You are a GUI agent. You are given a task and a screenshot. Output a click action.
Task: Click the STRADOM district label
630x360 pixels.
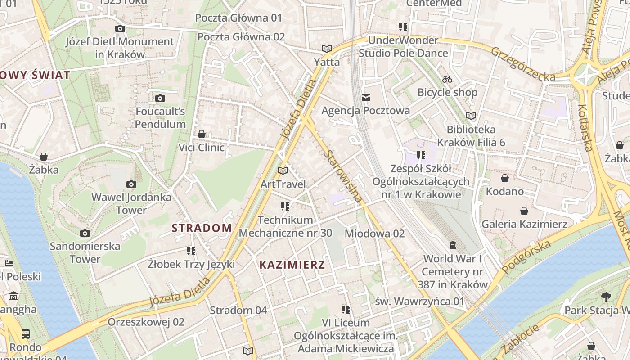(202, 228)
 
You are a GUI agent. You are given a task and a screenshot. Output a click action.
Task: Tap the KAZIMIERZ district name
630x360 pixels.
(292, 265)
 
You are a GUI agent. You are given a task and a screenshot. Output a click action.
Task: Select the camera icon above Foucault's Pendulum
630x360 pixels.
(160, 98)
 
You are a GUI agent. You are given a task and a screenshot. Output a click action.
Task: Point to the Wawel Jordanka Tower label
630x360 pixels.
(131, 203)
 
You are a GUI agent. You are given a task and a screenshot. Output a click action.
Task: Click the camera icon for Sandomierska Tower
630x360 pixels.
(85, 233)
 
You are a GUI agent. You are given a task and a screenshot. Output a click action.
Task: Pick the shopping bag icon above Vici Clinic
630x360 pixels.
(202, 134)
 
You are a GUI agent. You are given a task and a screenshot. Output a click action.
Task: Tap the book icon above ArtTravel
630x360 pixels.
(283, 171)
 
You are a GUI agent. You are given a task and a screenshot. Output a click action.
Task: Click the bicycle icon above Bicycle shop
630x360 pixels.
(447, 79)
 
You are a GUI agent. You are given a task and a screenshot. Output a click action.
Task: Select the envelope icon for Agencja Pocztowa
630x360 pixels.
(365, 97)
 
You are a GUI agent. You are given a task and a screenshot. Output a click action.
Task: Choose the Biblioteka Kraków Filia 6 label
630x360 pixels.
(471, 136)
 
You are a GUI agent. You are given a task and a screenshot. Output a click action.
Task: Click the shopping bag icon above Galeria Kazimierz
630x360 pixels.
(524, 211)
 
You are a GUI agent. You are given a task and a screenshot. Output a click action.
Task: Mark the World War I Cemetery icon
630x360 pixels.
(452, 245)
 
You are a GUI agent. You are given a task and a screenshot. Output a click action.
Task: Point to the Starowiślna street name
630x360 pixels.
(343, 176)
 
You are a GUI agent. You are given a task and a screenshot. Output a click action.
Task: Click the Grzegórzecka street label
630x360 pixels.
(523, 64)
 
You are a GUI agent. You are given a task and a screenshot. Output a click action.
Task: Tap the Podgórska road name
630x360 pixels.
(526, 257)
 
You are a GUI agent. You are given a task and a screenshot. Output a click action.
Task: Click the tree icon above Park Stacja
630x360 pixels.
(606, 297)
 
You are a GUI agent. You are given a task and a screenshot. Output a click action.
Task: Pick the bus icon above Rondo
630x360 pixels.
(26, 334)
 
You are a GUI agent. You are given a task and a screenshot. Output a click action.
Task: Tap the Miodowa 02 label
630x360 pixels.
(374, 234)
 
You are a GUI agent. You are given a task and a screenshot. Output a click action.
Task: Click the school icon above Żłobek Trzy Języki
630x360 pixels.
(191, 251)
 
